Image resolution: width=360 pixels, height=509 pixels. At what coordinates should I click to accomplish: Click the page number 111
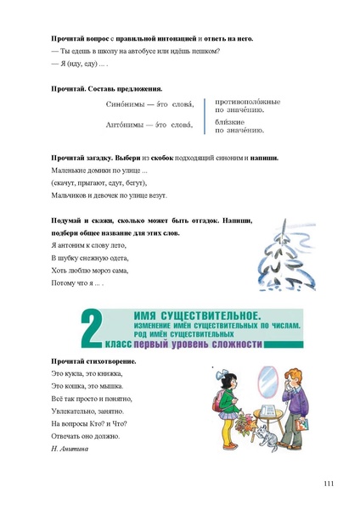coord(329,483)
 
